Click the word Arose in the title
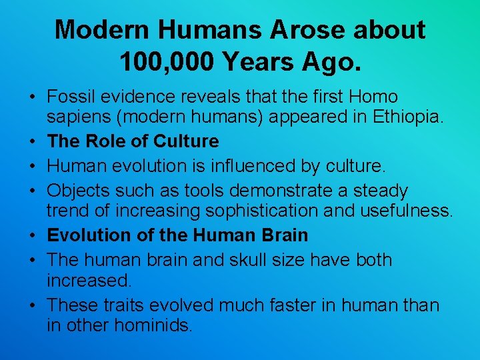pos(265,30)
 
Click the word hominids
pos(154,327)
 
